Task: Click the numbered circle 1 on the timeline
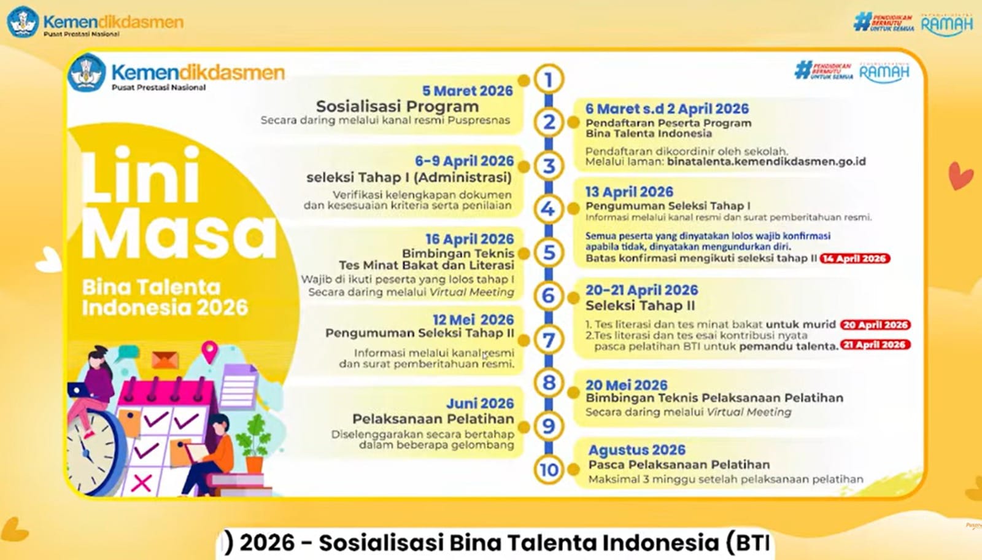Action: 548,79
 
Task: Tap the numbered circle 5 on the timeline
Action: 548,252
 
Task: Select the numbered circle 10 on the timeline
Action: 548,470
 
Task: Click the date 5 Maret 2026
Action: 467,91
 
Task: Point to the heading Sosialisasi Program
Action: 397,106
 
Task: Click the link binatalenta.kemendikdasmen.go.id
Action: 766,161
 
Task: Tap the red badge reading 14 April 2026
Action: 854,259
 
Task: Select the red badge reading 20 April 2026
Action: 875,325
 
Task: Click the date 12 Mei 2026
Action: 473,320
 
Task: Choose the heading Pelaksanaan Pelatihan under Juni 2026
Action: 433,419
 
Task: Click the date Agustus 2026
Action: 636,449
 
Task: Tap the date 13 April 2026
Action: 628,192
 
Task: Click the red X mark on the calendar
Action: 142,482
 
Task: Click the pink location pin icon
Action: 209,351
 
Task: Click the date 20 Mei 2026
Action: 626,385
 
